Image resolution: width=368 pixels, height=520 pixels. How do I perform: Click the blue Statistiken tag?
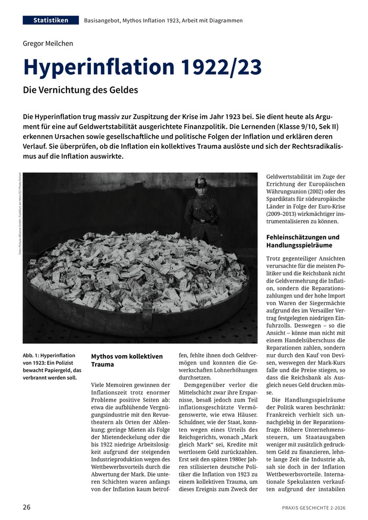click(51, 20)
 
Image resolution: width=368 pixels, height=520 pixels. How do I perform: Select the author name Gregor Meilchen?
click(48, 43)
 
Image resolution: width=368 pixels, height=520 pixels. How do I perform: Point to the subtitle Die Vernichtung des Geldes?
click(80, 90)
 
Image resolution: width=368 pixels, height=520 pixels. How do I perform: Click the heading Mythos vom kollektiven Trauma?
click(126, 360)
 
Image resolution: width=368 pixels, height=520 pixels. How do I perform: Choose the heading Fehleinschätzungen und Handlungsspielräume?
click(303, 241)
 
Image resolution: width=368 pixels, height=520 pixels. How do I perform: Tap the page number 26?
click(27, 507)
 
